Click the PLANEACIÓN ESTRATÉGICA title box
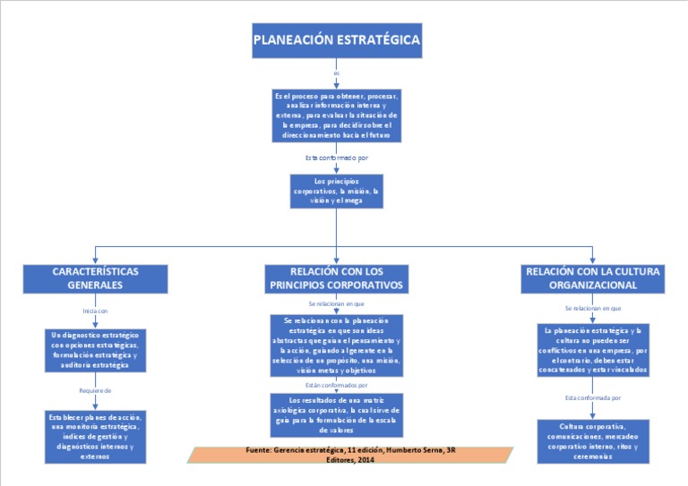336,40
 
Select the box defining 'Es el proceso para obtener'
336,115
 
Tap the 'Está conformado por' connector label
336,158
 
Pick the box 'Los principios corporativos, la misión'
336,191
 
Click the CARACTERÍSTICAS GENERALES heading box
95,277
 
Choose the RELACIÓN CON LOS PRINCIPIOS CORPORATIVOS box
336,277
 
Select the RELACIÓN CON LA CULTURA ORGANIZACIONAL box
593,277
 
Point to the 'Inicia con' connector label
95,311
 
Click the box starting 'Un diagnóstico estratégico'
95,350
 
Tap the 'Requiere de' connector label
95,390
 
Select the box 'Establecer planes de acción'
95,436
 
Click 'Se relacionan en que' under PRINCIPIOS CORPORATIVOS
336,303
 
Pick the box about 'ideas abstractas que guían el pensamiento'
336,345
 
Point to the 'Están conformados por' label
336,384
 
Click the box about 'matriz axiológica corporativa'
336,414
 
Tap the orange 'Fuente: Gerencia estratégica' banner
350,454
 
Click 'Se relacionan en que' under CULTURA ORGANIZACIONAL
593,307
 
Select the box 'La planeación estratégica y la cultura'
593,350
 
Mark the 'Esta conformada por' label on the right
593,396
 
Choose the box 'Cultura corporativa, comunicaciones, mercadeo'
593,440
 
